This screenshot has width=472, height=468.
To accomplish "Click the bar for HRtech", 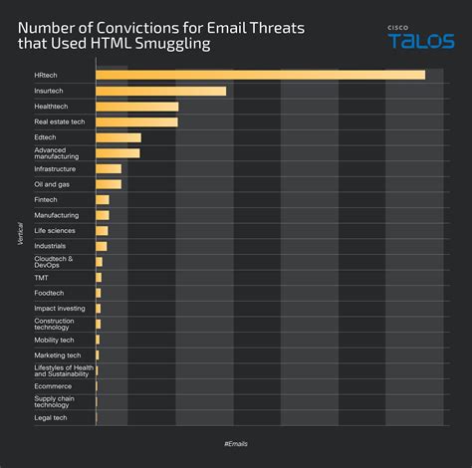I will pos(260,75).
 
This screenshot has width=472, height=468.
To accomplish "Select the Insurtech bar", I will pos(160,91).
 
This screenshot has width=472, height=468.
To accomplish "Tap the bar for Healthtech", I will pos(136,106).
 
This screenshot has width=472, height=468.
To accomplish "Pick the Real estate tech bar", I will pos(136,121).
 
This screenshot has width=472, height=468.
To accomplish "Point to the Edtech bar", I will pos(118,137).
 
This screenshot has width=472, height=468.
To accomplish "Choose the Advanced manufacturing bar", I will pos(118,153).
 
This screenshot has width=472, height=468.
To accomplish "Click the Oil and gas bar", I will pos(109,184).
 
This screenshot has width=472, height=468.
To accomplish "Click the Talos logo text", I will pos(421,41).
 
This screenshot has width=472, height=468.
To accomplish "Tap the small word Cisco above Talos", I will pos(398,28).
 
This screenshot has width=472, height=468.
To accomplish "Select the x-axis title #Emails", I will pos(236,442).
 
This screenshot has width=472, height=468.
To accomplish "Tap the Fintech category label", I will pos(47,199).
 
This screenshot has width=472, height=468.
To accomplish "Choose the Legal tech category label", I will pos(51,417).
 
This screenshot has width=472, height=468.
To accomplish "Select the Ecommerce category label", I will pos(53,385).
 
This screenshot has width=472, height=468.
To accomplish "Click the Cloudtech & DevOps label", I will pos(54,262).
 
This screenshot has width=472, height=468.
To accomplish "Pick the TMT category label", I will pos(42,277).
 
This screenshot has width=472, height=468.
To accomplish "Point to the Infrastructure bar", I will pos(109,168).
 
